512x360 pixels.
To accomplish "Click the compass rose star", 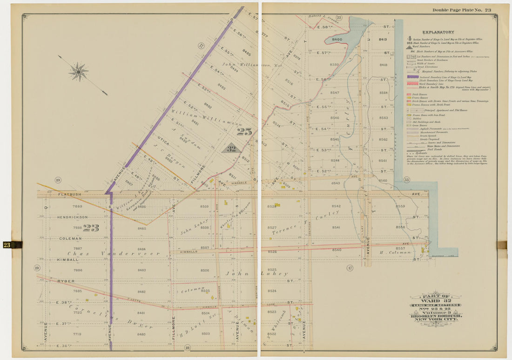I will click(x=79, y=72).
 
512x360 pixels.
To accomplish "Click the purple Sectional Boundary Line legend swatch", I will click(x=412, y=76).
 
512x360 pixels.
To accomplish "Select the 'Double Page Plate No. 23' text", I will click(x=461, y=10).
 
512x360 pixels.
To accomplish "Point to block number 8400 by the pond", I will click(x=337, y=40).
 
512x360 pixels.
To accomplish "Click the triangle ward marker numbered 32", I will click(x=231, y=149).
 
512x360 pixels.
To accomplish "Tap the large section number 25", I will click(x=244, y=132).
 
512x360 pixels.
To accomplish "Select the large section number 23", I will click(x=91, y=228).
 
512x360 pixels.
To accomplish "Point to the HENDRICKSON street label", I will click(x=72, y=217).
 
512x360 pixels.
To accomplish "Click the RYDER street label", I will click(x=66, y=281).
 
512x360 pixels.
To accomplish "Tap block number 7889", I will click(x=77, y=206).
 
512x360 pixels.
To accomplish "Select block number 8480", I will click(x=141, y=334).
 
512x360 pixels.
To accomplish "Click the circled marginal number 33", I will click(x=406, y=180).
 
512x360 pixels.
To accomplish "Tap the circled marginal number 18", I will click(x=187, y=347).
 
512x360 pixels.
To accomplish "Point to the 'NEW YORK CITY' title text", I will click(x=436, y=320).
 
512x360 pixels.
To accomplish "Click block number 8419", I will click(x=383, y=40).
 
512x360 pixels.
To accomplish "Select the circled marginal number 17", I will click(x=350, y=267).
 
